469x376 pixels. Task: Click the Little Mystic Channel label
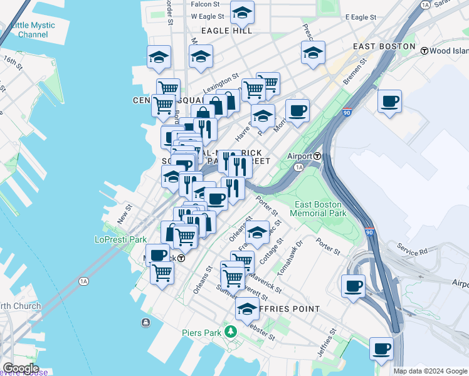click(x=33, y=30)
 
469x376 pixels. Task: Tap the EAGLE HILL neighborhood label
click(x=226, y=30)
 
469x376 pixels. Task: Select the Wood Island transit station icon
click(x=424, y=50)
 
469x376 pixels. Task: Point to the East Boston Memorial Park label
click(x=319, y=209)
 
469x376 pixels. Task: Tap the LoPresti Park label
click(x=120, y=239)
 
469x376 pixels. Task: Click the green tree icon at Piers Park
click(x=232, y=331)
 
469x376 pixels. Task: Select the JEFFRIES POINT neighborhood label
click(x=287, y=309)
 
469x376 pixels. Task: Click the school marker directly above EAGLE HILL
click(x=242, y=12)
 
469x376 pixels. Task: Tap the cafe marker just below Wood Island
click(x=390, y=101)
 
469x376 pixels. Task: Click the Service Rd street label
click(x=411, y=249)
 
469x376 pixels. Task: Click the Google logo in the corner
click(x=21, y=368)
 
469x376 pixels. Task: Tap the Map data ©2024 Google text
click(x=429, y=371)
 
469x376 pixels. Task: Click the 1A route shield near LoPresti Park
click(x=83, y=281)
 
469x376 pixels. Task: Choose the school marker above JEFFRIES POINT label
click(x=247, y=308)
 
